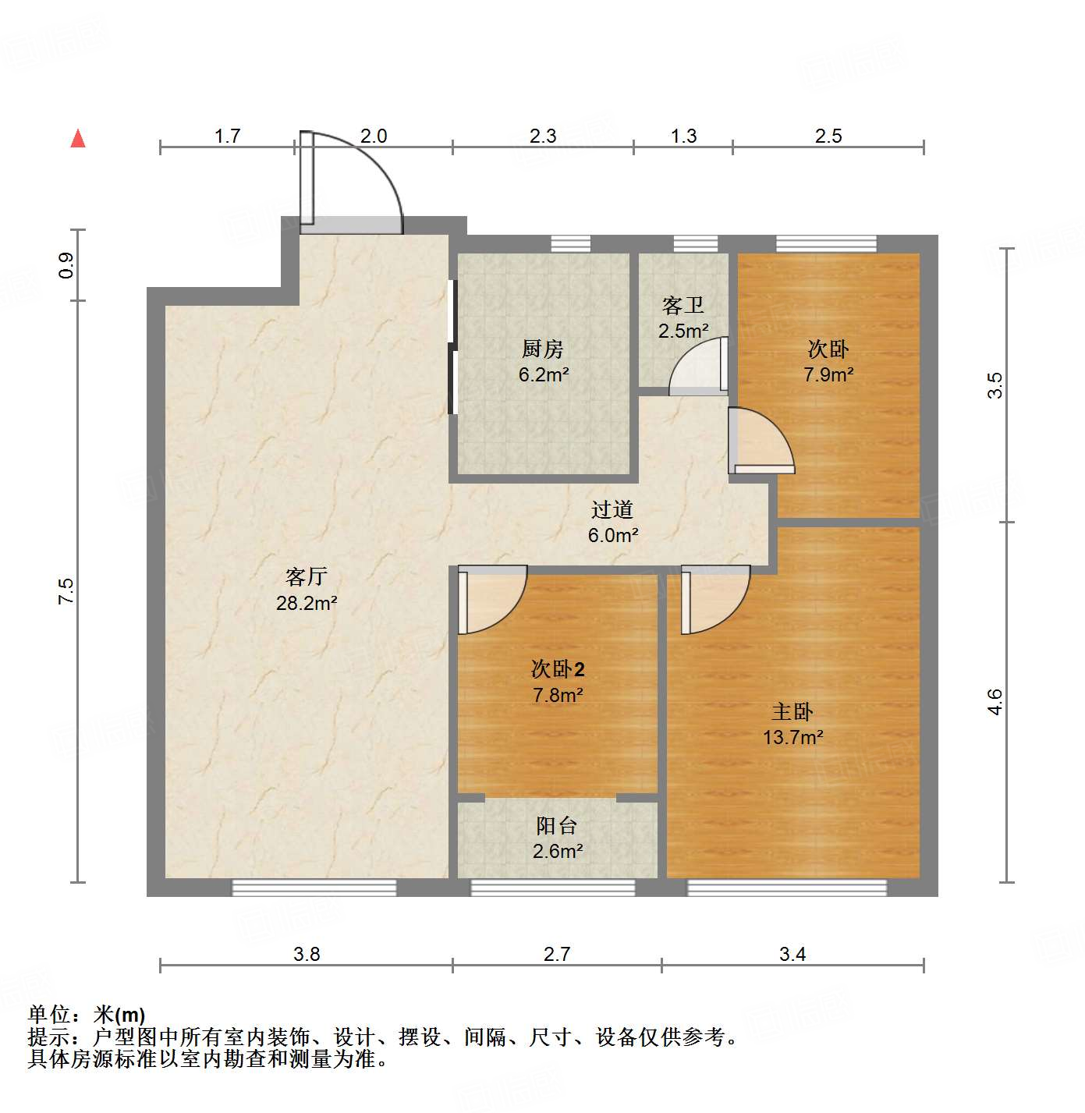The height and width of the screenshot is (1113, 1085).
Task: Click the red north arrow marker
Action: (78, 139)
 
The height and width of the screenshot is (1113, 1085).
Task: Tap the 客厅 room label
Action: (306, 577)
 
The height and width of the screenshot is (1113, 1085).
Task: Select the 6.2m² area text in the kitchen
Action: (544, 375)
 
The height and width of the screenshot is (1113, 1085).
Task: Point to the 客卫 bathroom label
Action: (683, 305)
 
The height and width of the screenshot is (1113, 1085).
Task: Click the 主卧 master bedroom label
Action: (792, 711)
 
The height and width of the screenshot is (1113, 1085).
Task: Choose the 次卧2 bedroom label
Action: (558, 669)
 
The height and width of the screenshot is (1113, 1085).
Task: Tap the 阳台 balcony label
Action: (557, 825)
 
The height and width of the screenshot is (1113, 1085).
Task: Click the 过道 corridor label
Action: (612, 509)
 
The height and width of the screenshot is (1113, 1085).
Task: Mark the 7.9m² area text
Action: (828, 375)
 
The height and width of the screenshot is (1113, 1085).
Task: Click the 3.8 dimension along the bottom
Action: (307, 954)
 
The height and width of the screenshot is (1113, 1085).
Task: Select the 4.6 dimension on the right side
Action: (995, 702)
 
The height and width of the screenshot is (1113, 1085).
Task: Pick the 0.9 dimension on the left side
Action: (66, 265)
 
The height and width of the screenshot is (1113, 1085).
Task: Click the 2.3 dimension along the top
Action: (543, 136)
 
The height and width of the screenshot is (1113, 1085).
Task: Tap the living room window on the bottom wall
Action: (314, 887)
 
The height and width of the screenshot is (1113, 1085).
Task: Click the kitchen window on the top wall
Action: (570, 243)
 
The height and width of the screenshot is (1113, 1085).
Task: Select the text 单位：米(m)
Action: (87, 1015)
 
